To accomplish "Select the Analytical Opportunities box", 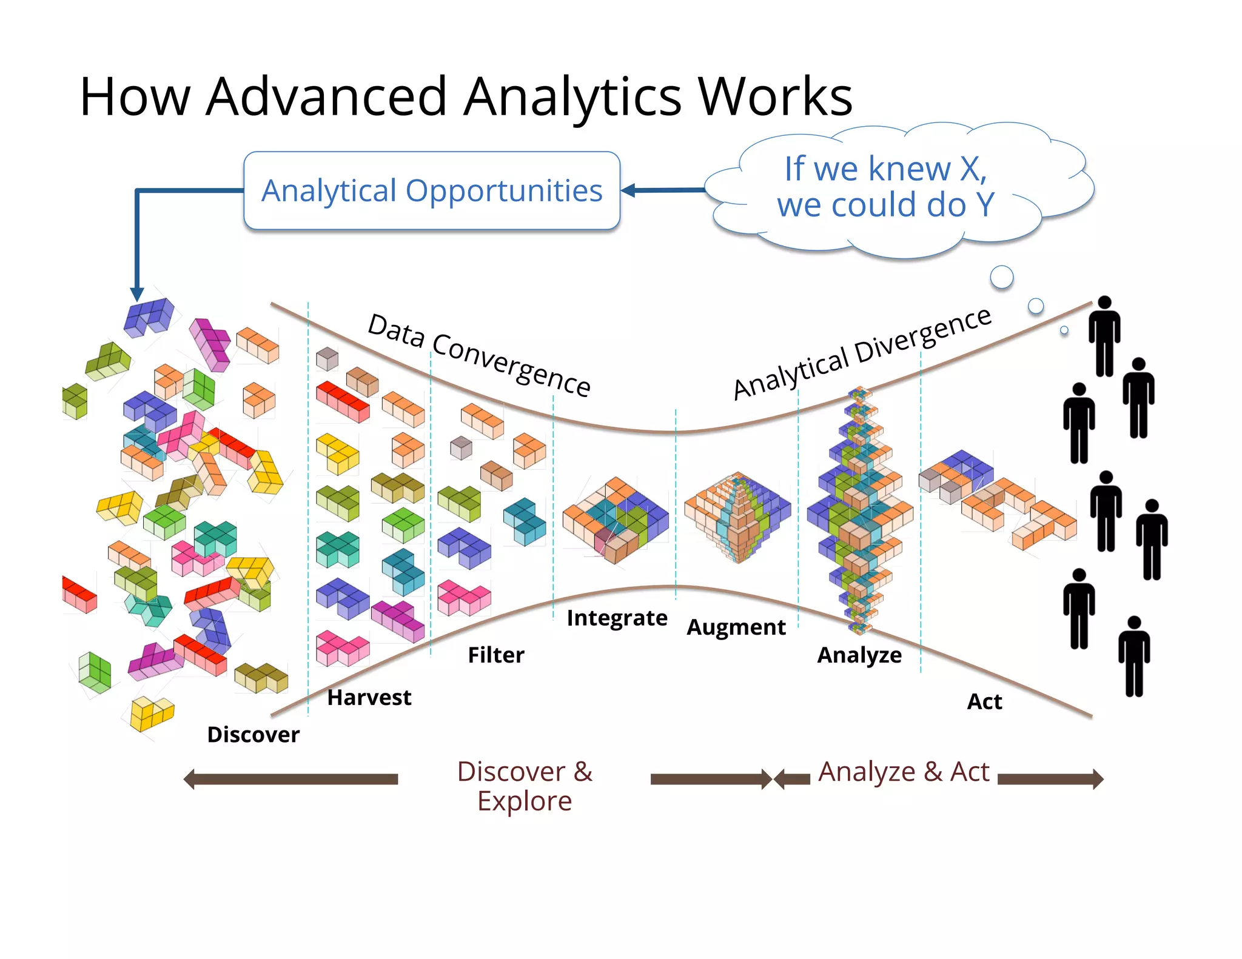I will pos(432,191).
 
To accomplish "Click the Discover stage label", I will pos(253,735).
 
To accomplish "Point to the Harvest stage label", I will pos(369,698).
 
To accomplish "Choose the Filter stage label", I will pos(495,655).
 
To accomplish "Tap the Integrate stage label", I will pos(617,618).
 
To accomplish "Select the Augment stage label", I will pos(736,627).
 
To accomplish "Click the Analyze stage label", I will pos(859,655).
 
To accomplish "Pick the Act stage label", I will pos(984,702).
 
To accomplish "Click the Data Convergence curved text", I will pos(479,355).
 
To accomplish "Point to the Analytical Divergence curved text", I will pos(861,353).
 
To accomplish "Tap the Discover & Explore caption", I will pos(525,786).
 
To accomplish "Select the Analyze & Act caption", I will pos(904,772).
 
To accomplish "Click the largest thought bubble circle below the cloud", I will pos(1001,277).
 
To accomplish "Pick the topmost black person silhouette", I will pos(1104,336).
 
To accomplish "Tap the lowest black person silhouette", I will pos(1134,657).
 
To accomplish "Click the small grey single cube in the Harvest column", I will pos(327,359).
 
